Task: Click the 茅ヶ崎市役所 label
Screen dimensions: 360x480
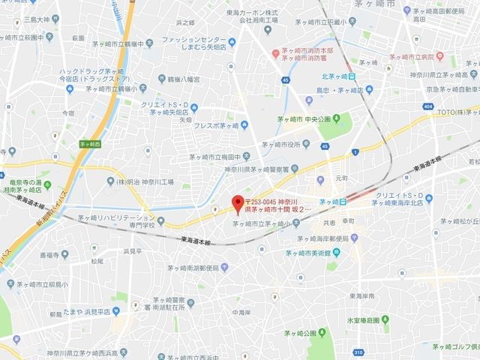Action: [x=282, y=145]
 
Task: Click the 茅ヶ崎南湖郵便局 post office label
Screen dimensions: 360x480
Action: [x=200, y=267]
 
